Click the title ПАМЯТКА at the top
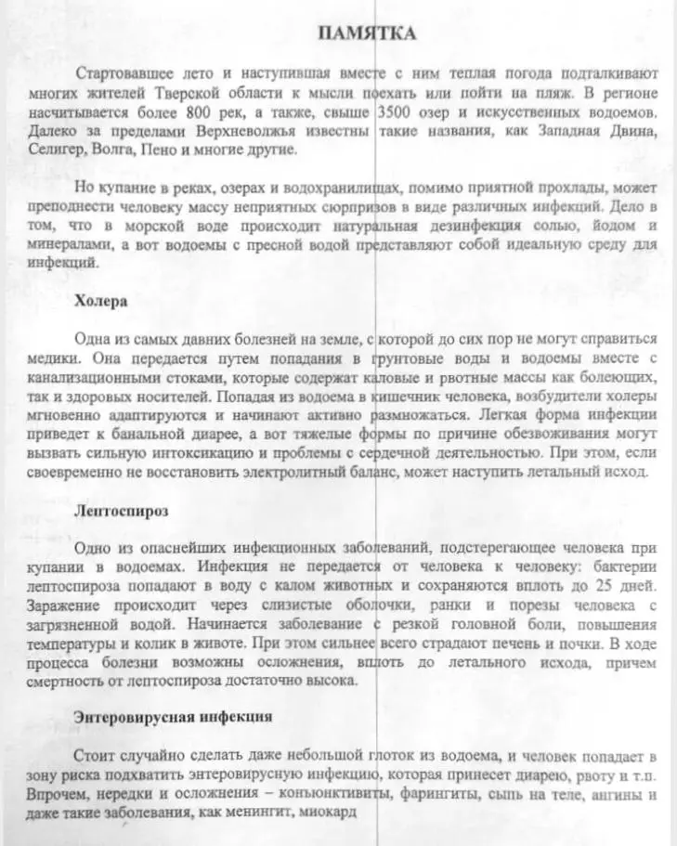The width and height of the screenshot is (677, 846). [367, 34]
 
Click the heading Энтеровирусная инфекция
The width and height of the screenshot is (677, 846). [173, 717]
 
